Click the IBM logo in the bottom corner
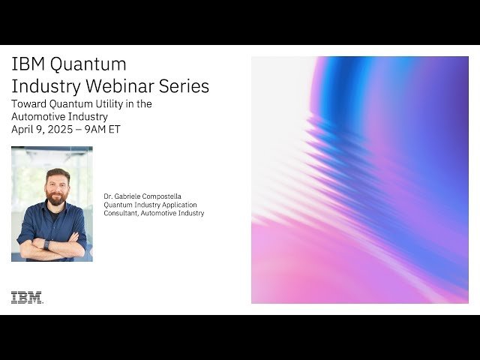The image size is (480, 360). [26, 298]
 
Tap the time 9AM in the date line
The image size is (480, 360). [97, 129]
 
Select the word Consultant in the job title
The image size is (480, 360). [123, 213]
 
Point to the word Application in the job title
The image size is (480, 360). [177, 205]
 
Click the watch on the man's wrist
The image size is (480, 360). [47, 244]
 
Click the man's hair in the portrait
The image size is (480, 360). [57, 174]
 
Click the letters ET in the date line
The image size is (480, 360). [115, 129]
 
